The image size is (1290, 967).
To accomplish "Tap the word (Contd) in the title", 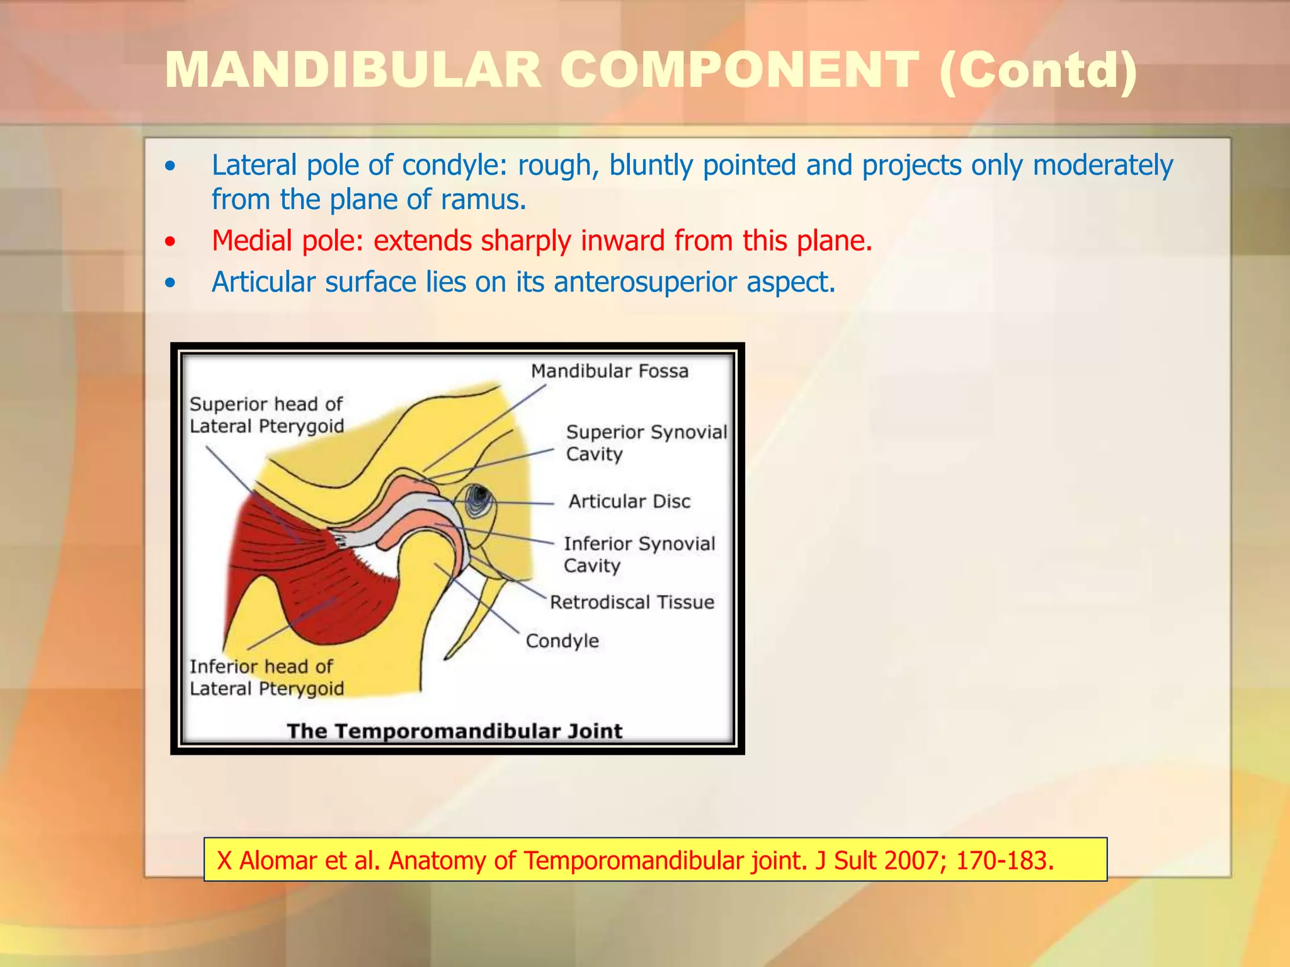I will (x=1038, y=71).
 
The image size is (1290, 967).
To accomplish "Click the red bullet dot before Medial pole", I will (x=169, y=242).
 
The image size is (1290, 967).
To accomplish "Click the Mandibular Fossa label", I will (x=609, y=371).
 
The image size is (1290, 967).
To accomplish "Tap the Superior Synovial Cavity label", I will (x=646, y=443).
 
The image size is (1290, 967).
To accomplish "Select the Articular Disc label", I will (x=629, y=502).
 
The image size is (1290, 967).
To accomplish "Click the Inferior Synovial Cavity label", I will (x=639, y=554).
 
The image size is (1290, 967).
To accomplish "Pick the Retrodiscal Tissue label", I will (x=632, y=602).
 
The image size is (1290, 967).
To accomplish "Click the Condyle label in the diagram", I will (x=562, y=642).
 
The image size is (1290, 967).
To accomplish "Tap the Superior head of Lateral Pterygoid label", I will (x=266, y=415).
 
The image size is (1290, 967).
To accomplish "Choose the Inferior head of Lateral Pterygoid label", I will (x=266, y=677).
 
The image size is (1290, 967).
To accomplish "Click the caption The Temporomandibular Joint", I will (x=454, y=732).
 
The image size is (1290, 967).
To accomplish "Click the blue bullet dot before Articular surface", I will (x=169, y=283).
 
